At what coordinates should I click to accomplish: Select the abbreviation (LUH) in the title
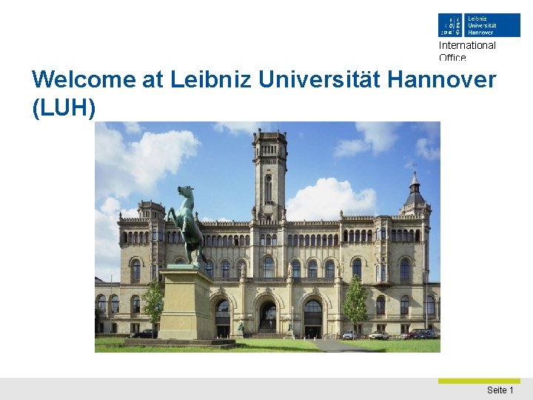tap(64, 107)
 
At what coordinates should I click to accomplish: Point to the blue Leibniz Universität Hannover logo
tap(478, 24)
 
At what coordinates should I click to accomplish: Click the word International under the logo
tap(467, 45)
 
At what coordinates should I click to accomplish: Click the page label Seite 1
tap(500, 390)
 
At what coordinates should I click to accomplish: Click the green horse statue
tap(186, 222)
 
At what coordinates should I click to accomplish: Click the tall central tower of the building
tap(269, 174)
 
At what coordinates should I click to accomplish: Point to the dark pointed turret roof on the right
tap(415, 193)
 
